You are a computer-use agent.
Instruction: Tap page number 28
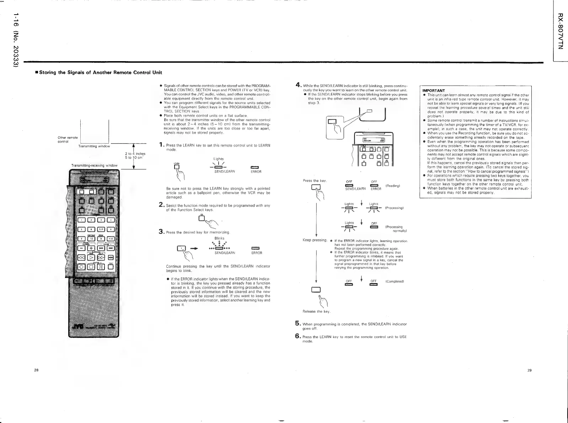[36, 370]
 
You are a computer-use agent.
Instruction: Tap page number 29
[529, 370]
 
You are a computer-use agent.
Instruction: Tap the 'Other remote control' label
[68, 140]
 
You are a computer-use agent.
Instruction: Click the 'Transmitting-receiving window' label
[94, 166]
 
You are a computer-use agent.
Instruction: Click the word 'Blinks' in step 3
[219, 238]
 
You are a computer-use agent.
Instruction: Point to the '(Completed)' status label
[395, 281]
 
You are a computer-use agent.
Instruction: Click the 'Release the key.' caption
[316, 311]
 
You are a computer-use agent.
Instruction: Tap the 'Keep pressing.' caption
[315, 240]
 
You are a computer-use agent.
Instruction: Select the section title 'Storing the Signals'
[100, 73]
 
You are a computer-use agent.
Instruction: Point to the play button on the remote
[92, 257]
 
